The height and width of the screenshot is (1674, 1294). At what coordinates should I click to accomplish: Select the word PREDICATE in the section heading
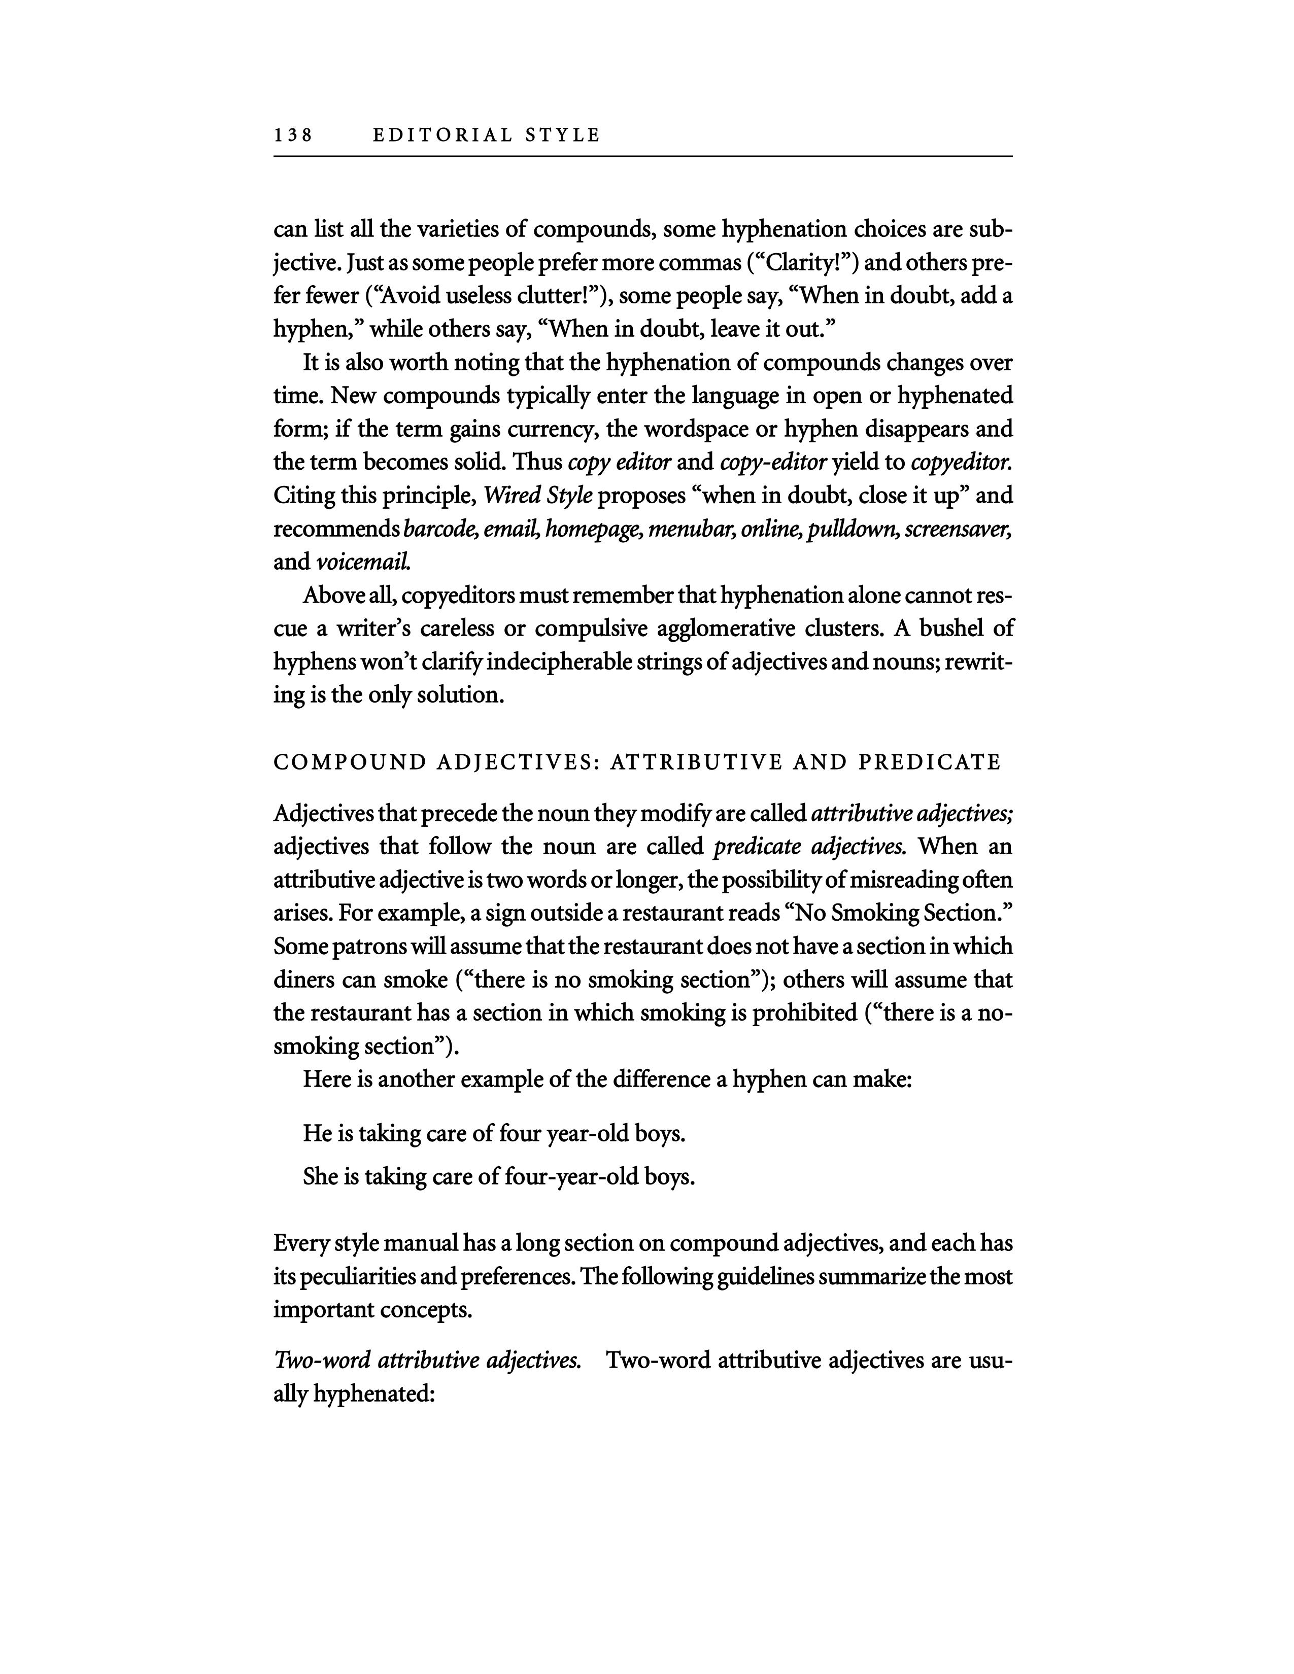click(930, 762)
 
